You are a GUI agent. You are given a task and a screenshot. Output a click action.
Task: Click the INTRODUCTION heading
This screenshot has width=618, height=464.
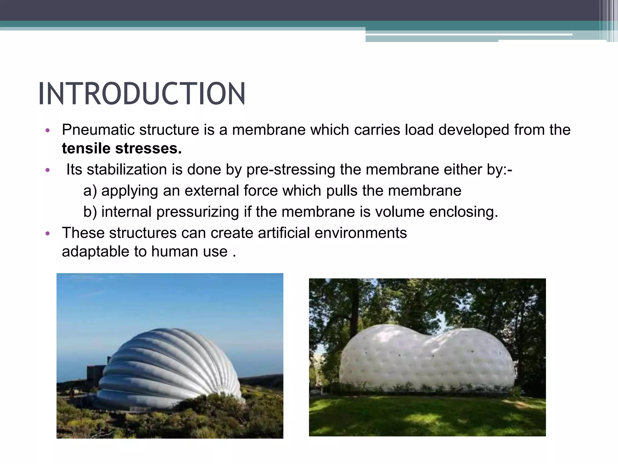tap(142, 94)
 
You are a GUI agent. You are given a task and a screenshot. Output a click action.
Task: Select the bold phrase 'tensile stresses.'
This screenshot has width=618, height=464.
tap(122, 148)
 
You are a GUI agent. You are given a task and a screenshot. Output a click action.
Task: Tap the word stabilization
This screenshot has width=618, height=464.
tap(127, 169)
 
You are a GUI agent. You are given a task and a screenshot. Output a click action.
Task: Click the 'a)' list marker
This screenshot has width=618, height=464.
tap(90, 191)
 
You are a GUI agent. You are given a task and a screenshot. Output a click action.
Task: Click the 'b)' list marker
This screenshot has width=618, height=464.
tap(90, 212)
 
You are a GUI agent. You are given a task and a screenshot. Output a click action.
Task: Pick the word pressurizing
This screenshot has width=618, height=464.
tap(198, 212)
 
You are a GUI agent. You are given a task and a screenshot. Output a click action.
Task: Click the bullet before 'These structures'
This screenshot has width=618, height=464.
tap(47, 234)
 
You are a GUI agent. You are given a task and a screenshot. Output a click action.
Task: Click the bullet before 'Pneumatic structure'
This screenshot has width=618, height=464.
tap(47, 130)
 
